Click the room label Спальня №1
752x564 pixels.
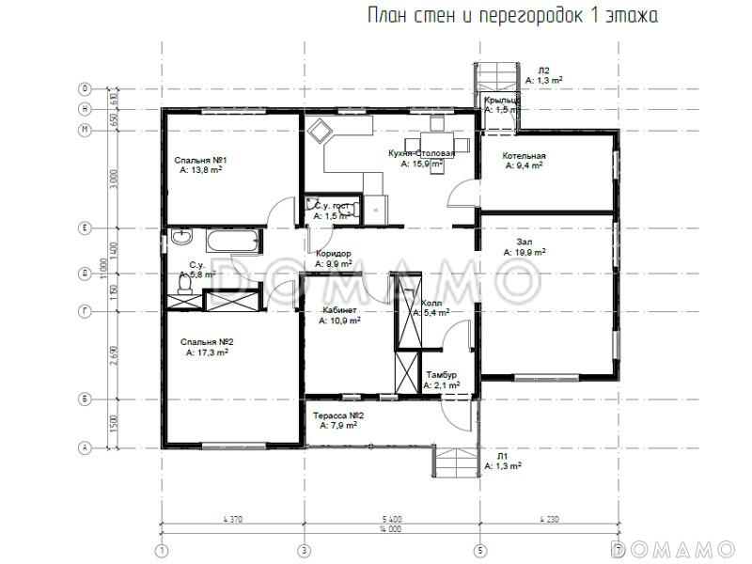[197, 161]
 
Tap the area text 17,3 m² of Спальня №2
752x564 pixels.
[211, 352]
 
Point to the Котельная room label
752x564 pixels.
[524, 155]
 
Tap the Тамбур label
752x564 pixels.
[441, 375]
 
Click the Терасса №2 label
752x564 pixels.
[338, 415]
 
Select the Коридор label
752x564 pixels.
[333, 254]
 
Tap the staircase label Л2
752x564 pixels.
[543, 70]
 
